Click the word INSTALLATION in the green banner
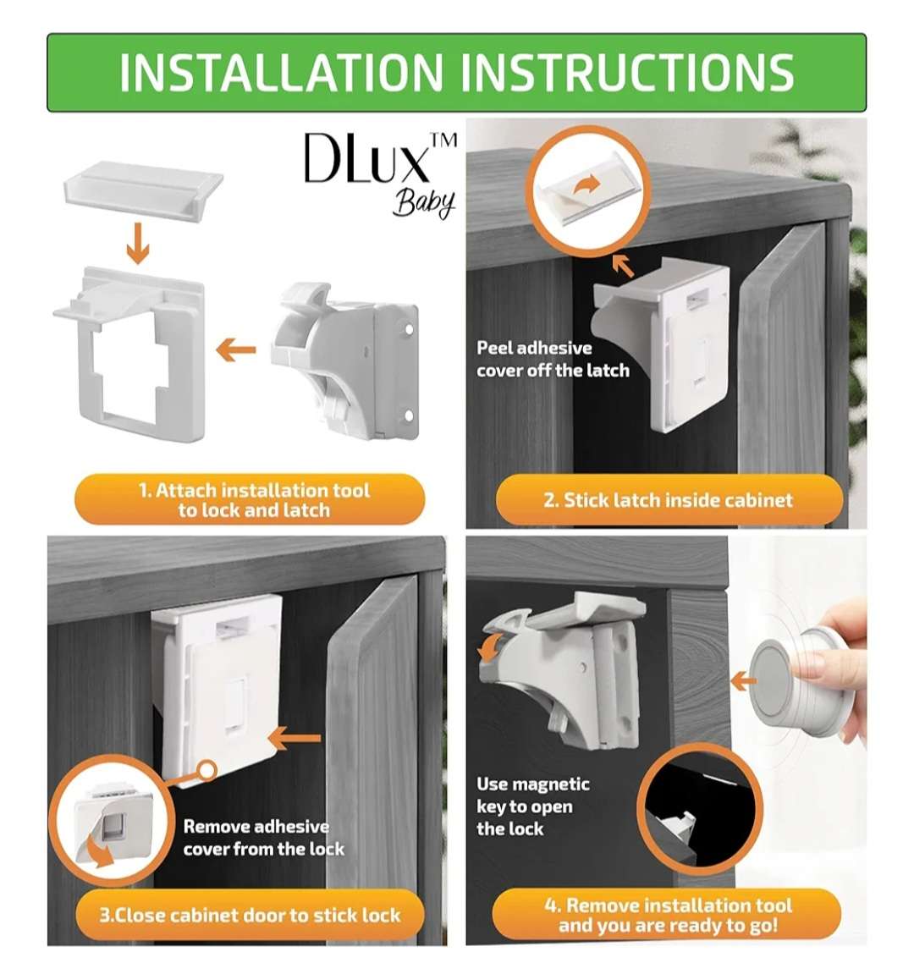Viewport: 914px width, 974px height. pyautogui.click(x=280, y=73)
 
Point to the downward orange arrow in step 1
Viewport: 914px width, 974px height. pyautogui.click(x=137, y=246)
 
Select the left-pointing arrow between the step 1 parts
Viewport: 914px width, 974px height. pyautogui.click(x=235, y=349)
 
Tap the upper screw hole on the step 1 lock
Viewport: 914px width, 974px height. pyautogui.click(x=409, y=329)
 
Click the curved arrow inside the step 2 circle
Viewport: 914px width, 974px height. pyautogui.click(x=586, y=184)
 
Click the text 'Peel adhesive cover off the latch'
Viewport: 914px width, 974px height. pyautogui.click(x=553, y=359)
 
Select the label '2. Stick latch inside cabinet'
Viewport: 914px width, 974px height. pyautogui.click(x=669, y=500)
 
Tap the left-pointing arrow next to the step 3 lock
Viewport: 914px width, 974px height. pyautogui.click(x=294, y=739)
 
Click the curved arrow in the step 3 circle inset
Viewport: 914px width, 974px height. pyautogui.click(x=99, y=851)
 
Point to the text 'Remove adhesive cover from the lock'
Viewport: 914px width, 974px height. pyautogui.click(x=263, y=838)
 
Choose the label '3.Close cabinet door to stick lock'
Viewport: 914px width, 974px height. pyautogui.click(x=250, y=915)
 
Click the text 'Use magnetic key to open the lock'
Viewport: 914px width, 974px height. pyautogui.click(x=533, y=806)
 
